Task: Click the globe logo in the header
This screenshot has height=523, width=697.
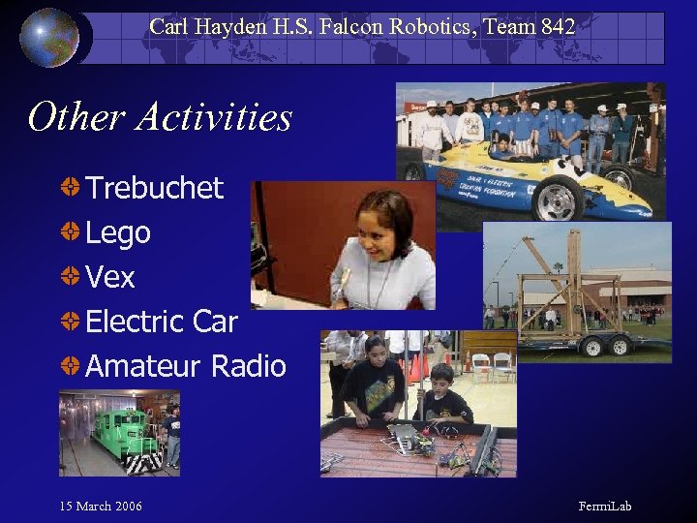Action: pos(49,37)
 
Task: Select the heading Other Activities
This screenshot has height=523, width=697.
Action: pos(160,117)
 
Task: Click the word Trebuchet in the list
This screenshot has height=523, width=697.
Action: pos(155,187)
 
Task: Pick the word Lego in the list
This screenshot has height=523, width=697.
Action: pos(118,232)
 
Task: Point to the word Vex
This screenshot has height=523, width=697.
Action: pos(110,277)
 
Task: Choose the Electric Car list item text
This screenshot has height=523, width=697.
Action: pos(162,322)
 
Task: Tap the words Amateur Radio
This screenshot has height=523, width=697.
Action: pos(186,366)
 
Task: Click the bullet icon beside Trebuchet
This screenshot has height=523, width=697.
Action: pos(71,186)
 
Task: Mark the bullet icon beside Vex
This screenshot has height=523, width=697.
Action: pos(71,276)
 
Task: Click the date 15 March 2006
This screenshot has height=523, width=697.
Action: pos(101,507)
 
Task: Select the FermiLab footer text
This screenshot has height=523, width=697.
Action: pos(605,507)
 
